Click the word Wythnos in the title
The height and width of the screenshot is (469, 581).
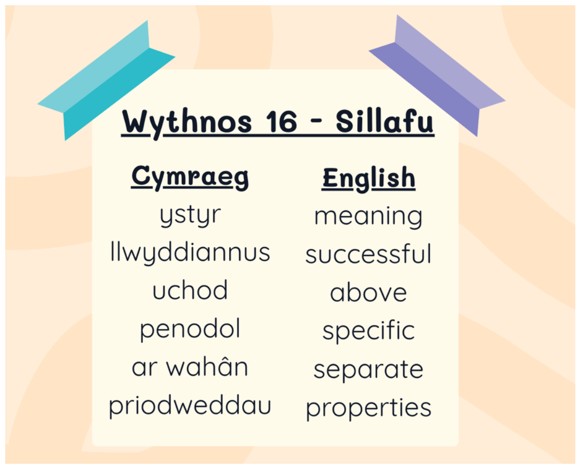187,123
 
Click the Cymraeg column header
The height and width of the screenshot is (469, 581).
190,178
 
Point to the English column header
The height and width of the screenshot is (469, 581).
368,179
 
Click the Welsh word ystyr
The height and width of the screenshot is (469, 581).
190,215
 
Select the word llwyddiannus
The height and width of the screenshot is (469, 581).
190,252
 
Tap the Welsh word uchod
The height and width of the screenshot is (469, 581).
190,290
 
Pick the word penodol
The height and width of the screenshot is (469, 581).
190,329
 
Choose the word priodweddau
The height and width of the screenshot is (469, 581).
190,407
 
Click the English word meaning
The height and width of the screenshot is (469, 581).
368,217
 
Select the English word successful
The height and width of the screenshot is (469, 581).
368,254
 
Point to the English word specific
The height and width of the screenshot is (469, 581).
368,331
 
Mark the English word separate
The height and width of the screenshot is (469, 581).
368,370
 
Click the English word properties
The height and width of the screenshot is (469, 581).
368,409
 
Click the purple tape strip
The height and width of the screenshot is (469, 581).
437,75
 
